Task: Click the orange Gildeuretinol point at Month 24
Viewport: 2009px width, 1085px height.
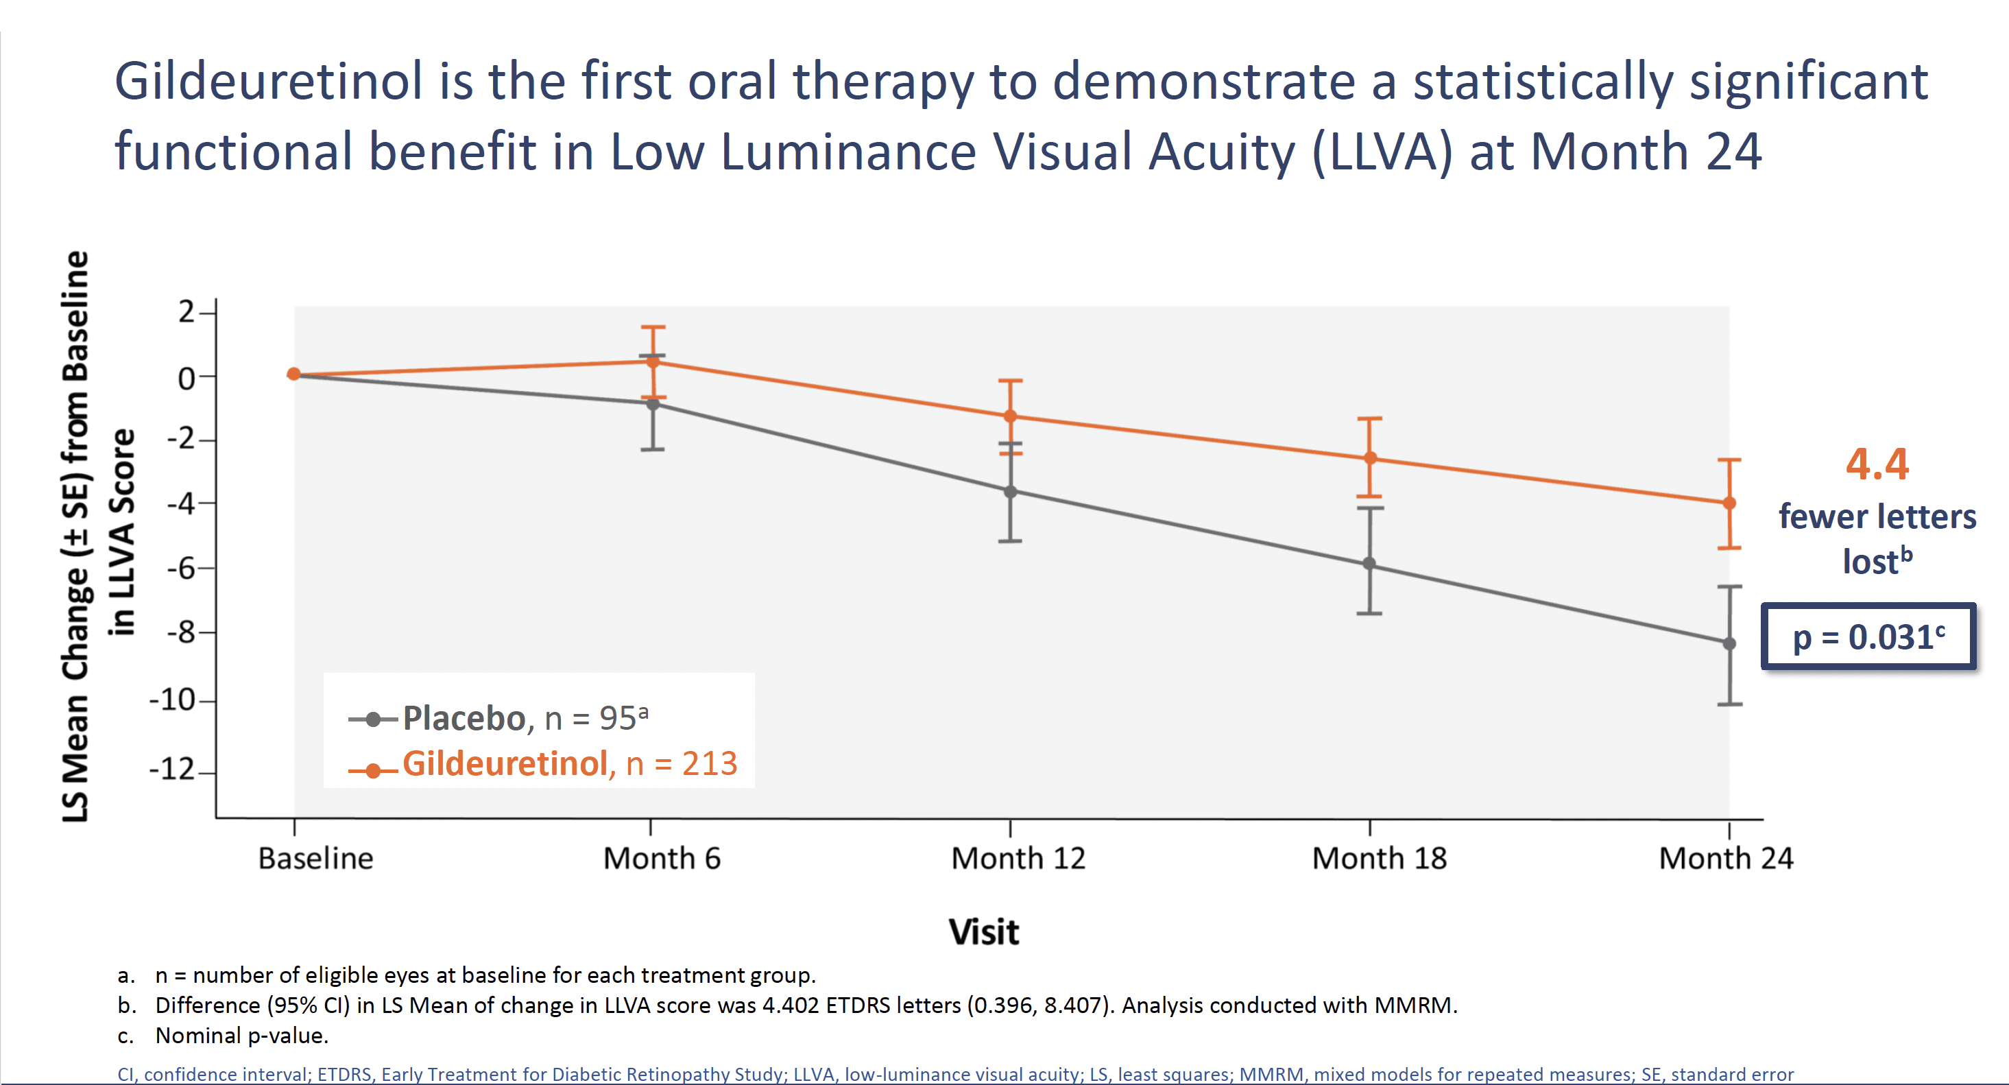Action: pos(1729,503)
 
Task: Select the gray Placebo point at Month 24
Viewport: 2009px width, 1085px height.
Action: pos(1729,643)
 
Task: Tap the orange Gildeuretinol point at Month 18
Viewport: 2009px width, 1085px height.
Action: pos(1369,458)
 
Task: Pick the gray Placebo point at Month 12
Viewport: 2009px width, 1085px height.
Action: pos(1010,492)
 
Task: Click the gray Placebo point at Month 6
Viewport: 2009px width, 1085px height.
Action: pos(653,403)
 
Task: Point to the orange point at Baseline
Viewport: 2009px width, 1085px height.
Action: pos(294,374)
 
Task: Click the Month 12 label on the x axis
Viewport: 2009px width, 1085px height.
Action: pos(1018,858)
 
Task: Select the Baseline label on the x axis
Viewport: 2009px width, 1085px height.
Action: pos(316,858)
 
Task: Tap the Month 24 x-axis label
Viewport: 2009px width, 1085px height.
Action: pos(1726,858)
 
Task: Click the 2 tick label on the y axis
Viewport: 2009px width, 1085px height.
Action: pos(186,312)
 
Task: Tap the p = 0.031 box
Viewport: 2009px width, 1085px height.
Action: pos(1868,636)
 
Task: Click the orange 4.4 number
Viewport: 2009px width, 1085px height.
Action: pos(1877,464)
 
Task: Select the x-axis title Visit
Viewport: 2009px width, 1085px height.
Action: pos(983,932)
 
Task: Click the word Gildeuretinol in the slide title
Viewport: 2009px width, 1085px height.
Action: pos(268,81)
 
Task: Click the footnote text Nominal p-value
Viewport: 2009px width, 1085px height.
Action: pos(242,1036)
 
